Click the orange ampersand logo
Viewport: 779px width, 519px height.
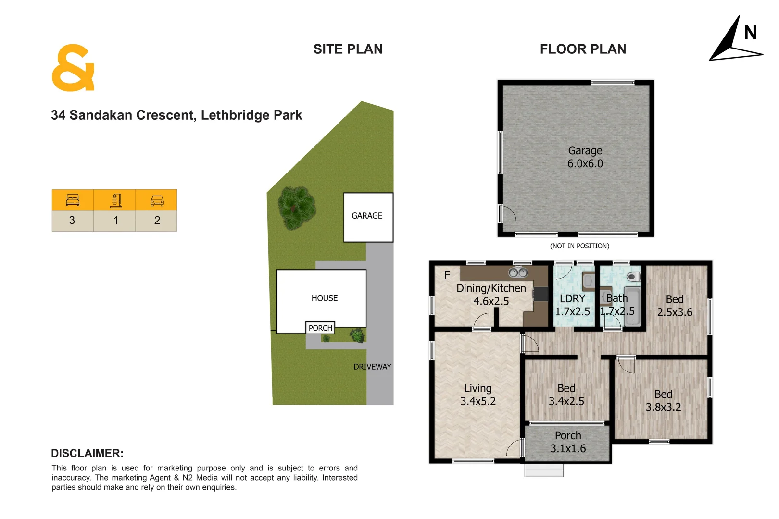pos(73,68)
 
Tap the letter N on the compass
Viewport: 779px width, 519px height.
pos(750,33)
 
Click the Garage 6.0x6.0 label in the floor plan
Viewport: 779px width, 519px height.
pos(585,157)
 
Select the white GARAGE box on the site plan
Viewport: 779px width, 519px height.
pos(368,217)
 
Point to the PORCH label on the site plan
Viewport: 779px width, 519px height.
pos(320,328)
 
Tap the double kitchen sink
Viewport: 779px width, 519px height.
pos(518,273)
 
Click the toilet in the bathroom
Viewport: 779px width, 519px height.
pos(634,277)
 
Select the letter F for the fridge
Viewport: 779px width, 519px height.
pos(447,275)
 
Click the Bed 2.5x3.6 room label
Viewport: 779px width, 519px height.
pos(675,306)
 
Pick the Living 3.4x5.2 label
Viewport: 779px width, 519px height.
pos(477,395)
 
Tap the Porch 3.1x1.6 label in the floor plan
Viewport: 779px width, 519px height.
pos(568,442)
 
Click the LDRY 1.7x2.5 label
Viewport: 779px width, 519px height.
pos(572,305)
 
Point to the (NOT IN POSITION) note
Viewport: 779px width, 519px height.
pos(579,246)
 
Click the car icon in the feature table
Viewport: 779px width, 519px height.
pos(157,200)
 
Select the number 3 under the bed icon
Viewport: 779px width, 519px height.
pos(72,221)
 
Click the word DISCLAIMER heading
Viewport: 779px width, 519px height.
pos(87,453)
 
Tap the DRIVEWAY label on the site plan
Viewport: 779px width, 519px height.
pos(372,367)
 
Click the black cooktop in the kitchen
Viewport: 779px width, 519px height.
pos(540,294)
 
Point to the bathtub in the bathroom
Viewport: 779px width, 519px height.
pos(632,308)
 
